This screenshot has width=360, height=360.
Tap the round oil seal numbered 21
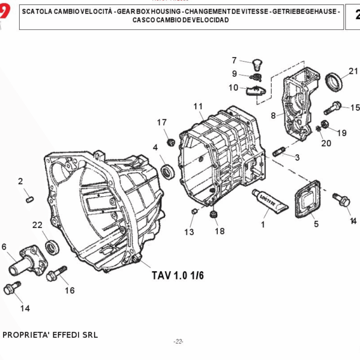tap(334, 82)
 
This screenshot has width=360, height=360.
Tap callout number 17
tap(162, 122)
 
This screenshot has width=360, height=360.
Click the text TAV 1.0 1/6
tap(178, 275)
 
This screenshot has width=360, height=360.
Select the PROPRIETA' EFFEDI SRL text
tap(50, 335)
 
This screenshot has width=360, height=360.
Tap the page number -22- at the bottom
tap(178, 341)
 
